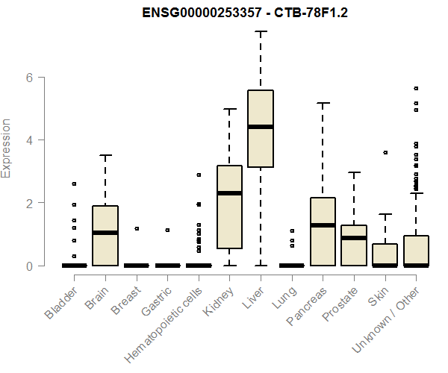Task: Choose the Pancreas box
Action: pyautogui.click(x=323, y=231)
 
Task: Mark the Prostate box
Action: pyautogui.click(x=354, y=245)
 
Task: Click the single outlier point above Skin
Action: pyautogui.click(x=385, y=152)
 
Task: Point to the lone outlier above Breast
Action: pyautogui.click(x=137, y=228)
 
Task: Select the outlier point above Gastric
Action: pyautogui.click(x=168, y=230)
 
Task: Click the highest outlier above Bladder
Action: pyautogui.click(x=74, y=184)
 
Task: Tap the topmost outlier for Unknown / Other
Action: pyautogui.click(x=416, y=88)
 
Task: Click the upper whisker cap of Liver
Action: pyautogui.click(x=261, y=31)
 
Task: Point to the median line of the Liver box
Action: pyautogui.click(x=261, y=127)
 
